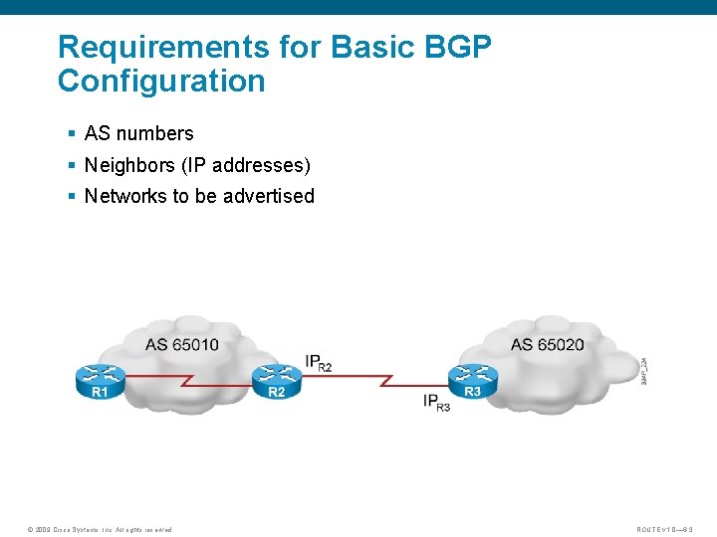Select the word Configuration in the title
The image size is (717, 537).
pyautogui.click(x=161, y=81)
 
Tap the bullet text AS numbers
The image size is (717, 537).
pyautogui.click(x=138, y=133)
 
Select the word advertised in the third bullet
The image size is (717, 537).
pyautogui.click(x=269, y=196)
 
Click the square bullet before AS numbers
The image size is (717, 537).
pyautogui.click(x=72, y=133)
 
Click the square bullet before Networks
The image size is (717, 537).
pyautogui.click(x=72, y=196)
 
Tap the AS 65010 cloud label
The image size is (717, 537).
pyautogui.click(x=182, y=345)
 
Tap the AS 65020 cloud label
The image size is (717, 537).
pyautogui.click(x=547, y=345)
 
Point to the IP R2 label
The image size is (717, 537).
pyautogui.click(x=318, y=362)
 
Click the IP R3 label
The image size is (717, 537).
pyautogui.click(x=436, y=402)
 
